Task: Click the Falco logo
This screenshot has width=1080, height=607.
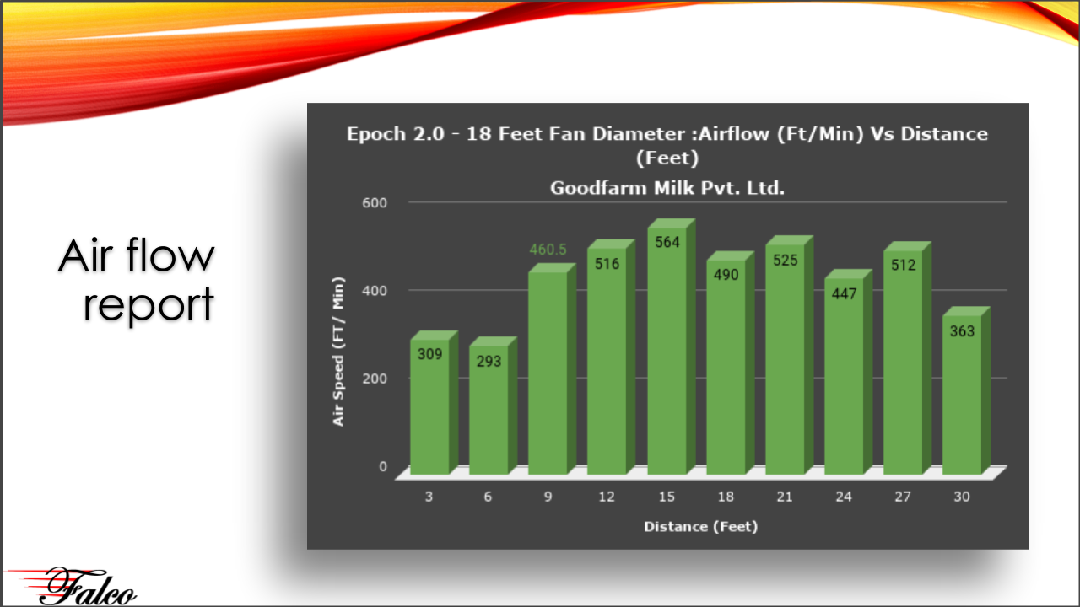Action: (x=72, y=586)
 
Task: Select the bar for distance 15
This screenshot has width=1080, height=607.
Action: (x=671, y=346)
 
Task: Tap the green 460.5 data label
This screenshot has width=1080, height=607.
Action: (x=548, y=250)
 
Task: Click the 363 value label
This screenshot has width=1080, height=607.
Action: (x=962, y=331)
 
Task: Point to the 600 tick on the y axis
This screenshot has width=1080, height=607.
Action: (x=375, y=203)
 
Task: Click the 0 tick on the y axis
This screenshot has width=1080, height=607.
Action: (x=383, y=466)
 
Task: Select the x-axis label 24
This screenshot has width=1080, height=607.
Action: (x=844, y=497)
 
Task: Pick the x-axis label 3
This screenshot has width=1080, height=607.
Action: (x=429, y=497)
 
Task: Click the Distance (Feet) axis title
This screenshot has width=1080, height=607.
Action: (x=701, y=527)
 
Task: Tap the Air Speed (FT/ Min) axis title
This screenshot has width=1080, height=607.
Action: (x=338, y=352)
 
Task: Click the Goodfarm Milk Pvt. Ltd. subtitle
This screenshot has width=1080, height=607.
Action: (x=667, y=188)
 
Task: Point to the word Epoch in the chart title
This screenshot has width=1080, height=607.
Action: (x=376, y=134)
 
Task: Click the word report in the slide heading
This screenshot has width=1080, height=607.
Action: (x=148, y=304)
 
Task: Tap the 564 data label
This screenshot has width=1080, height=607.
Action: (x=667, y=242)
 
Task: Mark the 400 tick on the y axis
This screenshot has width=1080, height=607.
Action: (x=375, y=291)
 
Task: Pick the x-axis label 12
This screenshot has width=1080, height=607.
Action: (x=607, y=497)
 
